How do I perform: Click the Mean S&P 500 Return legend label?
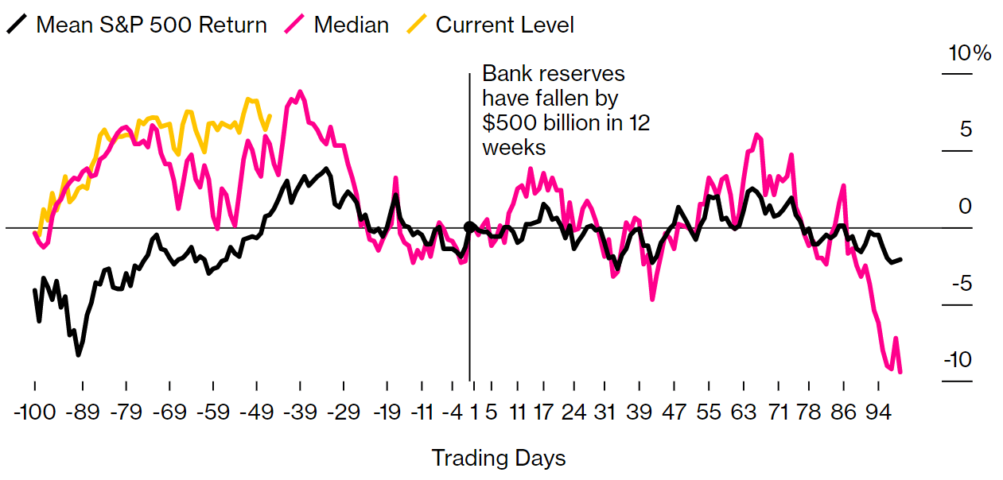click(x=152, y=25)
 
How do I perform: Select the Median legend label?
click(x=352, y=25)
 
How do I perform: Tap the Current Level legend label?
click(x=504, y=25)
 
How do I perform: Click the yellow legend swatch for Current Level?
click(x=415, y=25)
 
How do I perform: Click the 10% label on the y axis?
click(x=970, y=54)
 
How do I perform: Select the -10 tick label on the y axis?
click(x=957, y=359)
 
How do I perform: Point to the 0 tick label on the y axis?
click(x=966, y=207)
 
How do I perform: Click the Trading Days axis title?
click(x=499, y=459)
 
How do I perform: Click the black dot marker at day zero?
click(x=469, y=226)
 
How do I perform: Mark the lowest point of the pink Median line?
click(x=900, y=371)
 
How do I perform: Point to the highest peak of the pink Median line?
click(x=300, y=91)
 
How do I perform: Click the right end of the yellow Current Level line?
click(x=270, y=116)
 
